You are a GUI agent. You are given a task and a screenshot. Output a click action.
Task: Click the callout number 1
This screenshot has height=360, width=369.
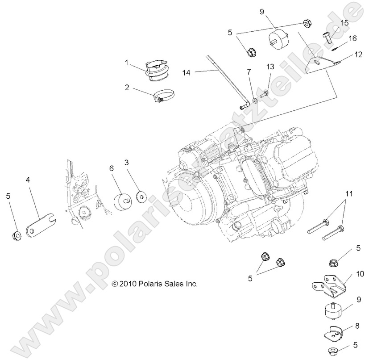click(x=127, y=63)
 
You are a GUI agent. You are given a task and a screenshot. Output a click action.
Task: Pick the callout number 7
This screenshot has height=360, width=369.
click(x=249, y=71)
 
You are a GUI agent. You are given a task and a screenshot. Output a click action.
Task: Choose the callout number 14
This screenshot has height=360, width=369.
click(x=187, y=71)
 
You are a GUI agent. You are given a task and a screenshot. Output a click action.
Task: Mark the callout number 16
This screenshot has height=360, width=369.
click(x=353, y=39)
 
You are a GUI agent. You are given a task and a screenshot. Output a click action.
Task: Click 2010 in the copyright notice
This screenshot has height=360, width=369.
click(x=127, y=284)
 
